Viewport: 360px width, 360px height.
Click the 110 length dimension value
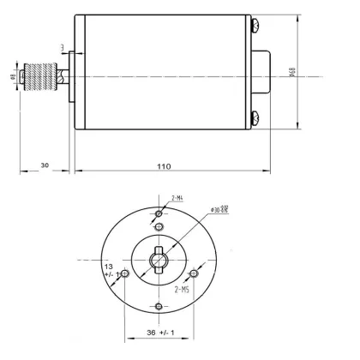(164, 165)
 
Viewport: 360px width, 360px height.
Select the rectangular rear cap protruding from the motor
(265, 75)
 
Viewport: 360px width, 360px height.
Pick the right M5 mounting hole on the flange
(194, 274)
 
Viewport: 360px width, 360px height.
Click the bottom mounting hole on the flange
(159, 305)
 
